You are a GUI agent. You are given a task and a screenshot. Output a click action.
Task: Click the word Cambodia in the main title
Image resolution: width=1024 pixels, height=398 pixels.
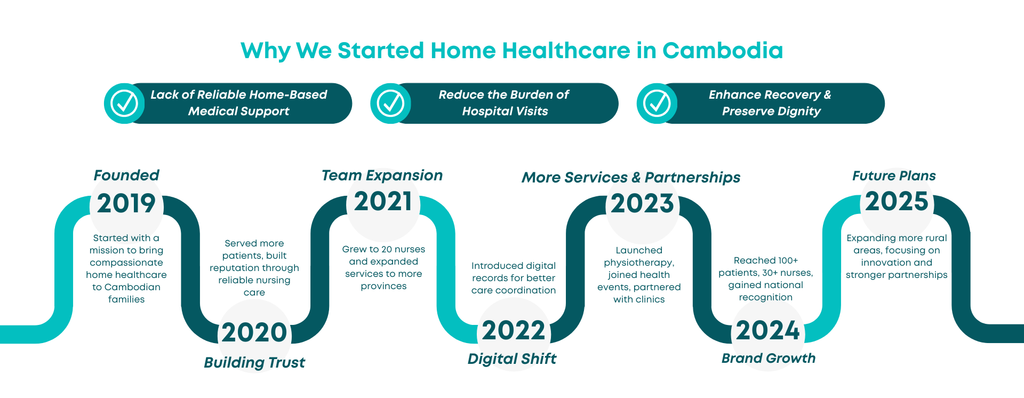point(723,51)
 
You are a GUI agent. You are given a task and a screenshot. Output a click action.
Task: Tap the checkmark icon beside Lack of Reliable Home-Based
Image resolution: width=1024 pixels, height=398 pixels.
point(124,104)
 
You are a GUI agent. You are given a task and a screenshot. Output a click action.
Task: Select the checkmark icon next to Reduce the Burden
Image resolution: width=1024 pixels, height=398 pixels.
point(390,104)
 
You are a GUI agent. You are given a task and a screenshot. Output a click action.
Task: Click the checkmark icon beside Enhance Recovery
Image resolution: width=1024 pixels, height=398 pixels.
point(657,104)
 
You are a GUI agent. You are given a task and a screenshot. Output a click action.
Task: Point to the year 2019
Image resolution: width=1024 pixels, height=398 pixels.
point(126,203)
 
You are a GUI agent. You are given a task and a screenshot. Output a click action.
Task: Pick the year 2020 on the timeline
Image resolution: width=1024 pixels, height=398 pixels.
point(254,332)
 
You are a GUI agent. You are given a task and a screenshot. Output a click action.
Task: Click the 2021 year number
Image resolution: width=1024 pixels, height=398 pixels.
point(383,202)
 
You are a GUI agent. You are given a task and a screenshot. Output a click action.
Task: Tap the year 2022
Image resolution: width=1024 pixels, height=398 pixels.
point(514,331)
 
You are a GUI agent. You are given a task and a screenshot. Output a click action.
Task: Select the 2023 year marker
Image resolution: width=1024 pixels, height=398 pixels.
point(642,204)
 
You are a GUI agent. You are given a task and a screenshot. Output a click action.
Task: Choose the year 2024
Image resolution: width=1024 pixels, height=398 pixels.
point(768,331)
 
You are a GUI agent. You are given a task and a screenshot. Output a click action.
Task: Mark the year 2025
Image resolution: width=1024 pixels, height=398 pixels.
point(897,202)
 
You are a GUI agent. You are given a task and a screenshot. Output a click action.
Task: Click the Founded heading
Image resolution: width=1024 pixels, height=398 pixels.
point(126,175)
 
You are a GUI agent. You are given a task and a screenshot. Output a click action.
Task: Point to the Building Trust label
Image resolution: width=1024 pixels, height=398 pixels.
point(254,363)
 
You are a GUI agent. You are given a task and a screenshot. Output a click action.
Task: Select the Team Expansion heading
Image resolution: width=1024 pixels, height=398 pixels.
point(382,176)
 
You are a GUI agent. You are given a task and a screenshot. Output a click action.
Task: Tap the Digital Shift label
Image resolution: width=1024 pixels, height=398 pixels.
point(512,359)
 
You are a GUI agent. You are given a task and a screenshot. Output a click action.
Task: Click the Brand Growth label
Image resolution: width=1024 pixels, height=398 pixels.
point(769,358)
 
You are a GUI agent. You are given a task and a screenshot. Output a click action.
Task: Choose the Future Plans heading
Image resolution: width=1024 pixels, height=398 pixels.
point(894,176)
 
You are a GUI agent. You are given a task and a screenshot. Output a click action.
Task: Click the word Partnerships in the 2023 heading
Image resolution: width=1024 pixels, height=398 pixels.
point(693,178)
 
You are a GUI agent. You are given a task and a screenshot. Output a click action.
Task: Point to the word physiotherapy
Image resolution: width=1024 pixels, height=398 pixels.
point(639,262)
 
